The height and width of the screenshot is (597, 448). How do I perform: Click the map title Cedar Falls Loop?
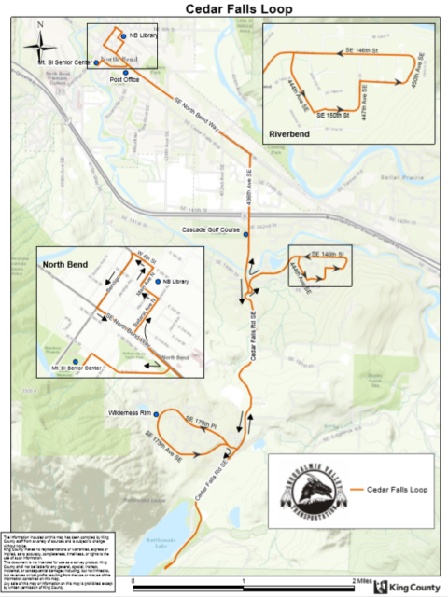(224, 8)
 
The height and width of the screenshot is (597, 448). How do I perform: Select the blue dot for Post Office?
(123, 72)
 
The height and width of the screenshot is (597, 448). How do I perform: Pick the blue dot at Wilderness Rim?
(158, 413)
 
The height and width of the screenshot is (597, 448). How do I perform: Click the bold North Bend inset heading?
(65, 264)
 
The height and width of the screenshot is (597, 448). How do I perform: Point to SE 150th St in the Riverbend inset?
(333, 115)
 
